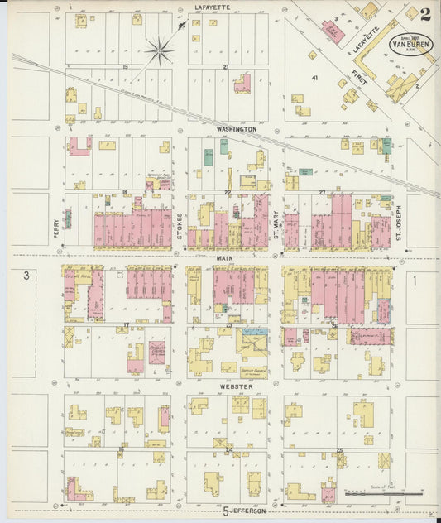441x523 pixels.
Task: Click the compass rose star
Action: point(159,50)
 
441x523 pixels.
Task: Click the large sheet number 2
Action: point(425,14)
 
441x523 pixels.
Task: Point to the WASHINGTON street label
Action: point(237,130)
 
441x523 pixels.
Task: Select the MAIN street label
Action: point(224,258)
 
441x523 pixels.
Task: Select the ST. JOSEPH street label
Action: point(398,223)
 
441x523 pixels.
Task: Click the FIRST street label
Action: point(359,79)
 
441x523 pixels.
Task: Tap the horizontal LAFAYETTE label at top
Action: point(212,7)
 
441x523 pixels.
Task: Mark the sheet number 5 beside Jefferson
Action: point(225,512)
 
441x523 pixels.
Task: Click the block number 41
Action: point(315,77)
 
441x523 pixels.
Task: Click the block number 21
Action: point(225,66)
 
